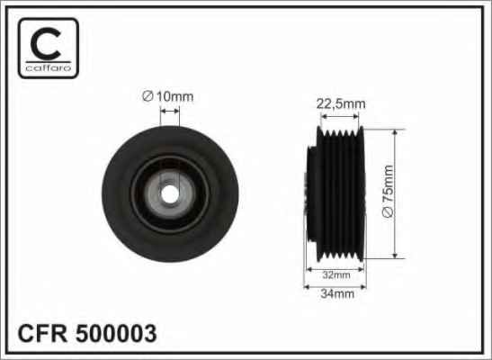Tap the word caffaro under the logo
tap(49, 67)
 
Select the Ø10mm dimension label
tap(168, 96)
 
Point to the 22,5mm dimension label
tap(341, 103)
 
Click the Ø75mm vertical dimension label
tap(389, 191)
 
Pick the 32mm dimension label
tap(336, 275)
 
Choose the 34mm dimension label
tap(337, 293)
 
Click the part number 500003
tap(116, 333)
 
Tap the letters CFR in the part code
tap(42, 333)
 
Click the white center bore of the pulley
tap(170, 194)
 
